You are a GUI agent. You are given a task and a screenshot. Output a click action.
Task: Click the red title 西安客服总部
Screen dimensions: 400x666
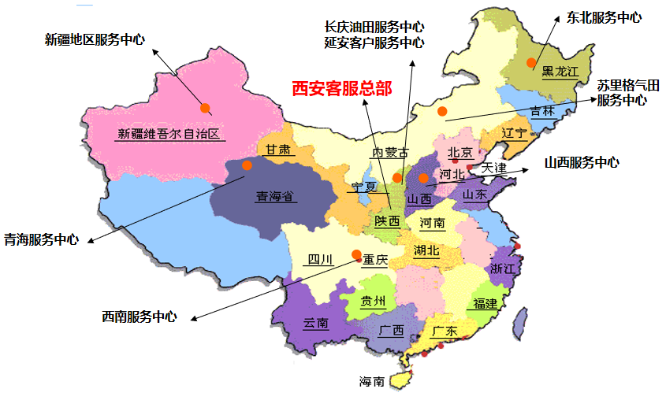point(341,89)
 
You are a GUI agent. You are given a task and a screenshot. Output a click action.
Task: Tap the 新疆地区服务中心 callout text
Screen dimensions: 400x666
point(95,39)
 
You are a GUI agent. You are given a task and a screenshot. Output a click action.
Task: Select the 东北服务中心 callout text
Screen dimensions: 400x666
point(604,17)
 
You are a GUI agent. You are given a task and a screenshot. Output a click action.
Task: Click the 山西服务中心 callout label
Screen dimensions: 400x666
point(582,163)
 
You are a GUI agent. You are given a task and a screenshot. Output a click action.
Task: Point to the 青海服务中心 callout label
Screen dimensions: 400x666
point(41,239)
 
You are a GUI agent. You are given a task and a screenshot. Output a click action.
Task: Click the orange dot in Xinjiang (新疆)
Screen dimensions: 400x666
point(205,108)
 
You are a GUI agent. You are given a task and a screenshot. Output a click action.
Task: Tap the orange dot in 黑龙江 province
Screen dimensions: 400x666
point(531,62)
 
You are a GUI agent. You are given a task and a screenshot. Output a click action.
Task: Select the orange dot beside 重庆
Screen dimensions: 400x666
point(356,254)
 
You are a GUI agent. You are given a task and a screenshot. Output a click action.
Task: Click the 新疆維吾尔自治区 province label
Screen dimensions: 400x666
point(168,134)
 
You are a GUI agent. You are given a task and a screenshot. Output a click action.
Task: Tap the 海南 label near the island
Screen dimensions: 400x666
point(372,382)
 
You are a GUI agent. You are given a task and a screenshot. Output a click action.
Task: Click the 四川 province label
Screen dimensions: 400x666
point(321,260)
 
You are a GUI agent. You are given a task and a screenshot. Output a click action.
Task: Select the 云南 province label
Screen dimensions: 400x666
point(315,324)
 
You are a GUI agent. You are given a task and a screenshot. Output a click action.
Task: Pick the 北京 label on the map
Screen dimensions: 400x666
point(460,153)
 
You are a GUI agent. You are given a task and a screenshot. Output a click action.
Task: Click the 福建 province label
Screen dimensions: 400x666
point(485,304)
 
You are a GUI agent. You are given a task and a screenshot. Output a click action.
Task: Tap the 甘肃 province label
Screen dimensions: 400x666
point(277,150)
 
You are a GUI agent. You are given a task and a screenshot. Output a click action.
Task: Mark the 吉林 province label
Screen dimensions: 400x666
point(542,112)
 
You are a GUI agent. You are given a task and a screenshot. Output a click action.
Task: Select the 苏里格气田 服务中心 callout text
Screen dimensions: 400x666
point(627,93)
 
